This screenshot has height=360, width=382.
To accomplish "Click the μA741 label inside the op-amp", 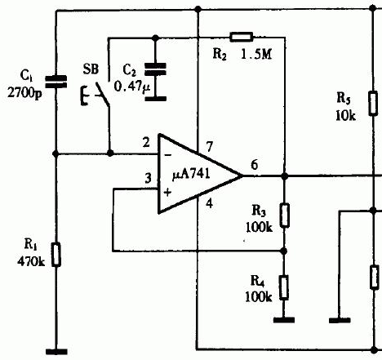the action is tap(191, 174).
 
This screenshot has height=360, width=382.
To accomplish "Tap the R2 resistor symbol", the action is tap(242, 37).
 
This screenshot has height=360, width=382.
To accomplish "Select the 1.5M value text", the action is tap(256, 55).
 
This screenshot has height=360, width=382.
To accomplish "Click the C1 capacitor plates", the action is tap(56, 82).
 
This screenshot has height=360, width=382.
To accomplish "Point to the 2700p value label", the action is tap(24, 93).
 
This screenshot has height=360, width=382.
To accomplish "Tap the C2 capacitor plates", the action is tap(155, 69).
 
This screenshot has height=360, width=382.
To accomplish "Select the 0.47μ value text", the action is tap(132, 87).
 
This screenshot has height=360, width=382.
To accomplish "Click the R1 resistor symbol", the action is tap(56, 255).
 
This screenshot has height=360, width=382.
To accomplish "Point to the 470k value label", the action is tap(31, 261).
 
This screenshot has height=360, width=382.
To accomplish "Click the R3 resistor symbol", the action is tap(285, 216).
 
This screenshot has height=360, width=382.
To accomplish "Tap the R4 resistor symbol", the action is tap(284, 287).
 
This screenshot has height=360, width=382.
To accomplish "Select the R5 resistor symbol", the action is tap(373, 104).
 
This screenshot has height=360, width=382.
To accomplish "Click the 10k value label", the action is tap(345, 116).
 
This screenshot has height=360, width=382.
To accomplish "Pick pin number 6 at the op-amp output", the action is tap(255, 165).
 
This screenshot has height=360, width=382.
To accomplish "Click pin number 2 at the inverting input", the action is tap(146, 142).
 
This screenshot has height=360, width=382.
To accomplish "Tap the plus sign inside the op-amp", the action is tap(167, 193).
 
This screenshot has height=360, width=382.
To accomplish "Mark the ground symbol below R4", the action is tap(284, 320).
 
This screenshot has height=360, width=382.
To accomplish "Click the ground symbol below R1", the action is tap(56, 352).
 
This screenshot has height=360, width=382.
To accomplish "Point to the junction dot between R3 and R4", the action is tap(284, 251).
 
